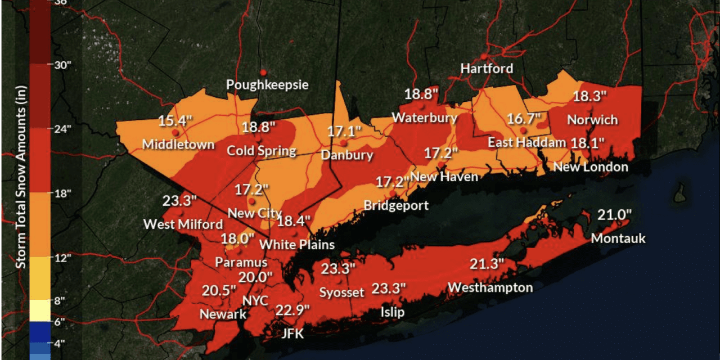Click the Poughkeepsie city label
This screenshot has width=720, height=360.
coord(267,84)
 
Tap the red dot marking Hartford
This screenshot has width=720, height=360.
coord(483,56)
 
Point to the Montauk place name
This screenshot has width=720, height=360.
coord(618,238)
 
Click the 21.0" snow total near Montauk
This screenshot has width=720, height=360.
coord(615,214)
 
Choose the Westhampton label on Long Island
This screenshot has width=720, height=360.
coord(490,287)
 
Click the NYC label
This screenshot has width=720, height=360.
coord(255,300)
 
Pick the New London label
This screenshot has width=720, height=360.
coord(591,167)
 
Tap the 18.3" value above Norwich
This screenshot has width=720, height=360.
coord(590,96)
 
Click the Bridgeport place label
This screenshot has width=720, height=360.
coord(396,205)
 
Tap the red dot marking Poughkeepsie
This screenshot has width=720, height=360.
coord(263,73)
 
